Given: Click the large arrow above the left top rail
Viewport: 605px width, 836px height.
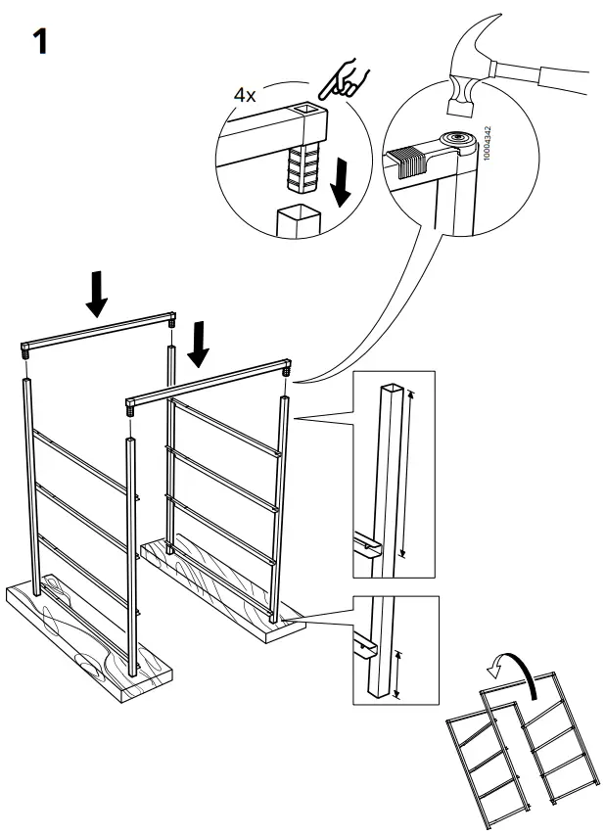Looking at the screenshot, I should coord(96,292).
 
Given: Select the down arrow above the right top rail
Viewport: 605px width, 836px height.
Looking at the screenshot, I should coord(200,343).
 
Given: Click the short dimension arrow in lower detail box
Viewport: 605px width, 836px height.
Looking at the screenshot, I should coord(396,674).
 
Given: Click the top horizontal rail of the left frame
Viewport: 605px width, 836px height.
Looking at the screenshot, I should coord(98,332).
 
